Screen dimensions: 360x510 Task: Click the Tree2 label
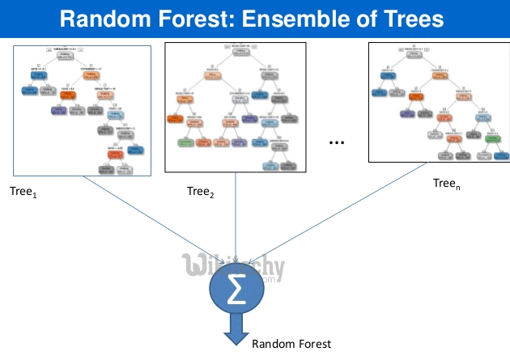(x=199, y=192)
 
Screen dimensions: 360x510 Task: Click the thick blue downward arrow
(x=235, y=332)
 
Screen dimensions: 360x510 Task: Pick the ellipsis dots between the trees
(x=338, y=142)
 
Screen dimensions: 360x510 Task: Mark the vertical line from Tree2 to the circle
(x=235, y=218)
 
